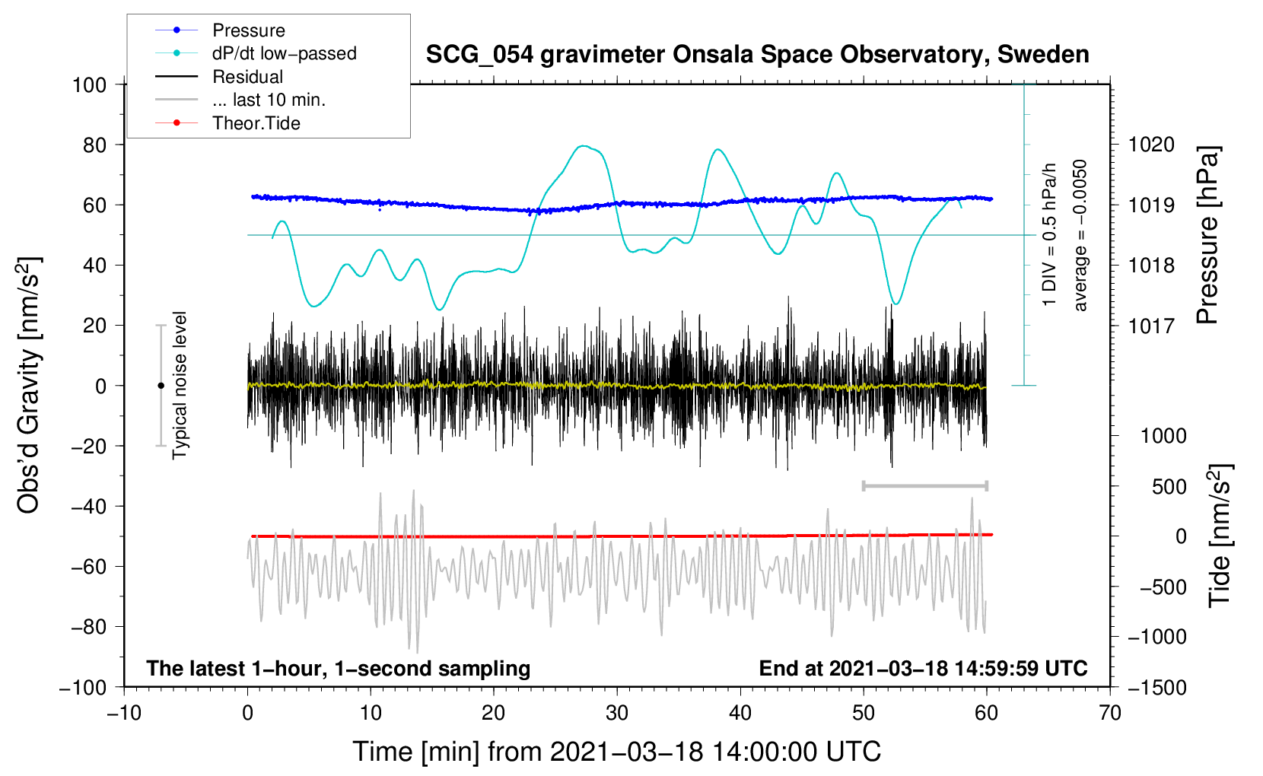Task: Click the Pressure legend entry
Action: pos(248,30)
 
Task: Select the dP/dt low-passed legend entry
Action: pos(284,53)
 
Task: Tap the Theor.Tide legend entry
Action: pos(256,123)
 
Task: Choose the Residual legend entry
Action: pos(247,77)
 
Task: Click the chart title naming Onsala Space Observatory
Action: pos(757,55)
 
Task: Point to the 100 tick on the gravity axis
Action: pos(90,84)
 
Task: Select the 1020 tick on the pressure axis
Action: pos(1151,145)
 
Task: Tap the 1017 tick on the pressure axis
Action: pos(1151,326)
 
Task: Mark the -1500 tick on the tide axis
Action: pos(1156,687)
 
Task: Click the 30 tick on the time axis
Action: pos(617,713)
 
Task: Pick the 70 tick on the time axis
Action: pos(1110,713)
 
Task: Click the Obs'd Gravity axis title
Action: pos(28,385)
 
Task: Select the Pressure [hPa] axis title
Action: pos(1207,235)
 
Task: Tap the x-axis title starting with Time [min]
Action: pos(616,752)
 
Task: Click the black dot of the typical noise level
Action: pos(161,386)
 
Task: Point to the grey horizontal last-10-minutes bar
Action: pos(924,485)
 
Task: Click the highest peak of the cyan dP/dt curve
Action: pos(584,146)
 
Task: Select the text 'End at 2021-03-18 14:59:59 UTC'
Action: pos(923,668)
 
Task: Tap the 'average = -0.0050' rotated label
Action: pos(1080,235)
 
